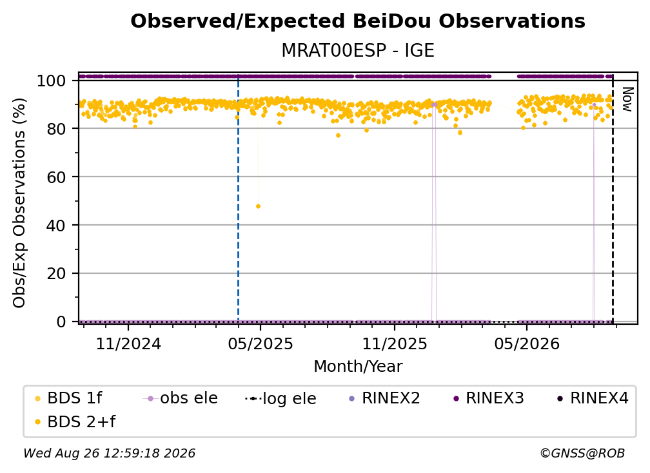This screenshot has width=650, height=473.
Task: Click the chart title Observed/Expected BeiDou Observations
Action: (358, 21)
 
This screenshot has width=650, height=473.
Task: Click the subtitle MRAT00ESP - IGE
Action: (358, 50)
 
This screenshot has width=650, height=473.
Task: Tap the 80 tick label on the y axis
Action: (56, 129)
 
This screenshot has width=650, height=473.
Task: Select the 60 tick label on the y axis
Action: (56, 177)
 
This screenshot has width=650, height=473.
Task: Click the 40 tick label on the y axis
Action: (56, 226)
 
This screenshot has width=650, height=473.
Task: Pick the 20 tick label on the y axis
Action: (56, 274)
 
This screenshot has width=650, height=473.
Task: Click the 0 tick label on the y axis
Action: (61, 322)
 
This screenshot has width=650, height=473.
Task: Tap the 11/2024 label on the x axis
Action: (128, 343)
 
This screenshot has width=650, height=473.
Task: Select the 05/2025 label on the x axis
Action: (261, 343)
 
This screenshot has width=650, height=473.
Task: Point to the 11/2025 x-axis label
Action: (395, 343)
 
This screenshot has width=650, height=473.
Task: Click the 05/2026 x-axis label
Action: (527, 343)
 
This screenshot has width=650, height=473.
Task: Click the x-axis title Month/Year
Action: (358, 367)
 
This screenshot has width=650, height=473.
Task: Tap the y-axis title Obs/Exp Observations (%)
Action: (19, 203)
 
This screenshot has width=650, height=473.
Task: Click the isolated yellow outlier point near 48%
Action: (258, 206)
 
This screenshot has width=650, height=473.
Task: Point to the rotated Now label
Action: (627, 99)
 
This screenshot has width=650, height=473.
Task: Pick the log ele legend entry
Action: (281, 398)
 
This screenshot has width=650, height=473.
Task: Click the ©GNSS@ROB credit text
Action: (582, 453)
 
